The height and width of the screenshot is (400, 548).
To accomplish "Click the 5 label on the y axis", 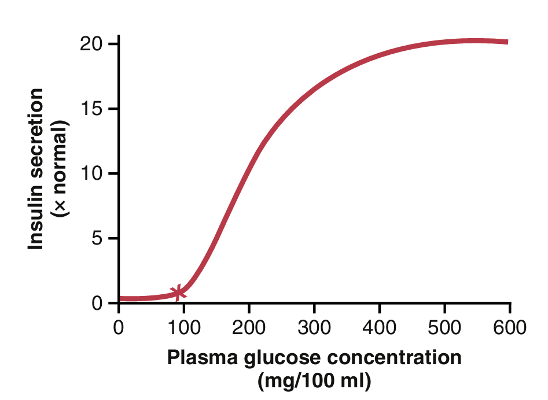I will click(x=96, y=238).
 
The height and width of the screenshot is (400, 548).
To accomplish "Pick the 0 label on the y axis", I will click(x=96, y=303).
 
